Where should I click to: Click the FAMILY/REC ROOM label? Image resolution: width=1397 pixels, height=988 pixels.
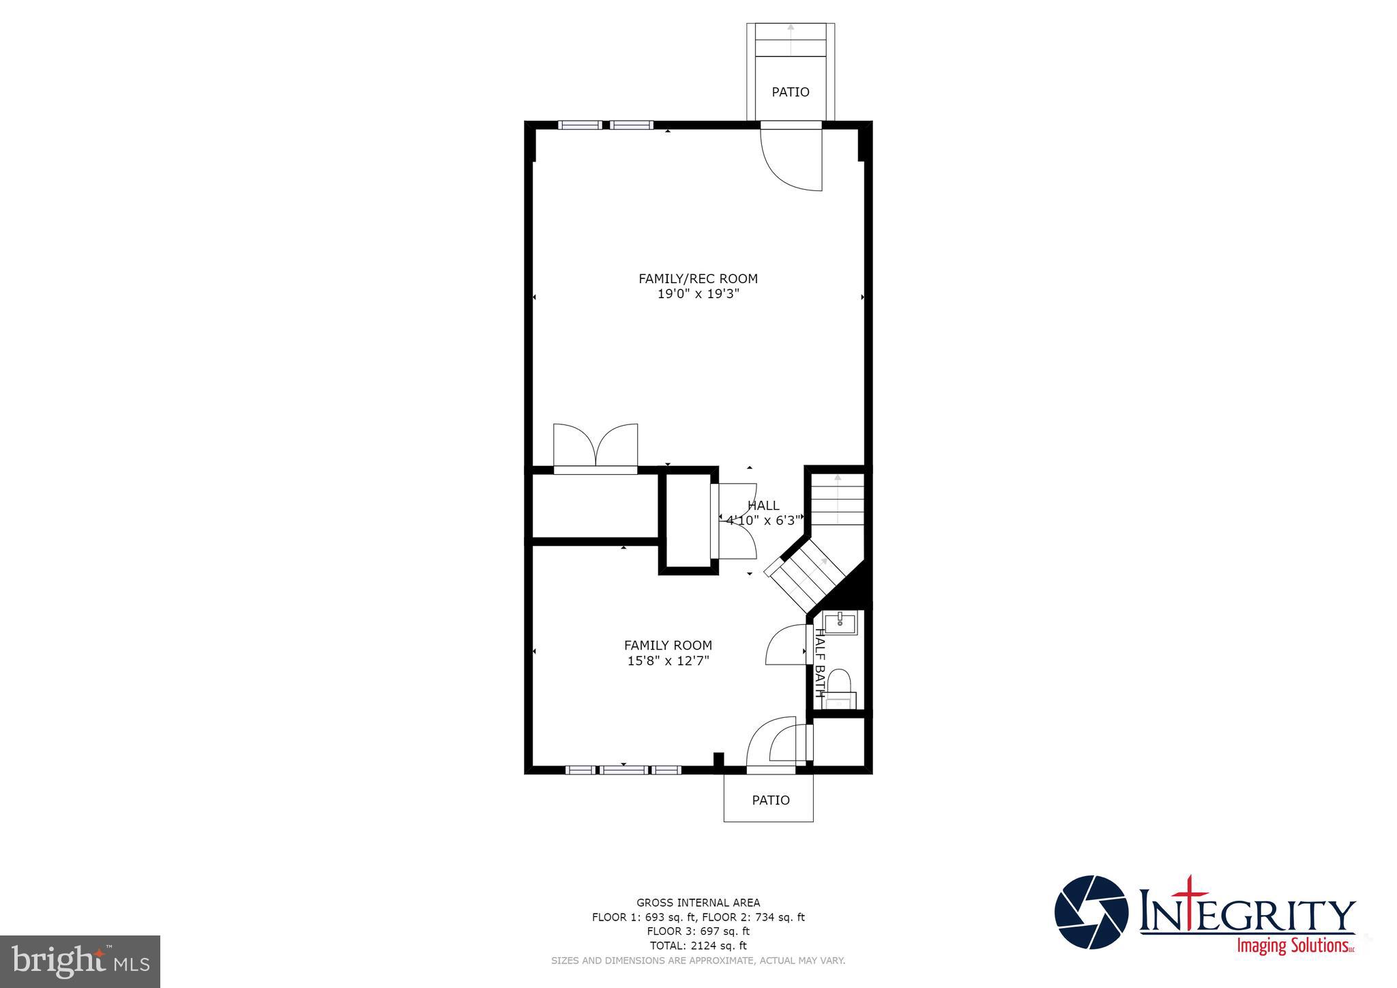coord(698,278)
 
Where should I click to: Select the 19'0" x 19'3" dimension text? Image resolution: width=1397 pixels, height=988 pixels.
coord(698,294)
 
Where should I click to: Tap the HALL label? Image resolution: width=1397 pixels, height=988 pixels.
coord(763,506)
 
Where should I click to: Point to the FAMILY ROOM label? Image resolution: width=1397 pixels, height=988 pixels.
coord(668,645)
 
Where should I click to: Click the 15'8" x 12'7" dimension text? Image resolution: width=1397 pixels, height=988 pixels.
coord(668,660)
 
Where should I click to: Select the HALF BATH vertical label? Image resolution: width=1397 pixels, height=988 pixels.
coord(819,663)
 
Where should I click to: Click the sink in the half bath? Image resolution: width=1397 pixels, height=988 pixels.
coord(840,622)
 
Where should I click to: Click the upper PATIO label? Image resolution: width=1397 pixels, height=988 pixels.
coord(790,92)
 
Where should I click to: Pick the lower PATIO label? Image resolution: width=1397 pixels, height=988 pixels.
coord(770,800)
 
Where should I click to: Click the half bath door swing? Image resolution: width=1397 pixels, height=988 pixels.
coord(786,645)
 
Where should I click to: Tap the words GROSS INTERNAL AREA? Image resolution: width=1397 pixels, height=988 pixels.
coord(698,903)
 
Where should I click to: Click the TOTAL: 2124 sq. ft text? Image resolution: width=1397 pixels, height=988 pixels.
coord(698,946)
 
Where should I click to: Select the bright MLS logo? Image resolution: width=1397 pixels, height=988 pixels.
coord(80,961)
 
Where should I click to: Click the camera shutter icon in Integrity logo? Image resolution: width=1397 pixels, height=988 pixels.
coord(1091,912)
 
